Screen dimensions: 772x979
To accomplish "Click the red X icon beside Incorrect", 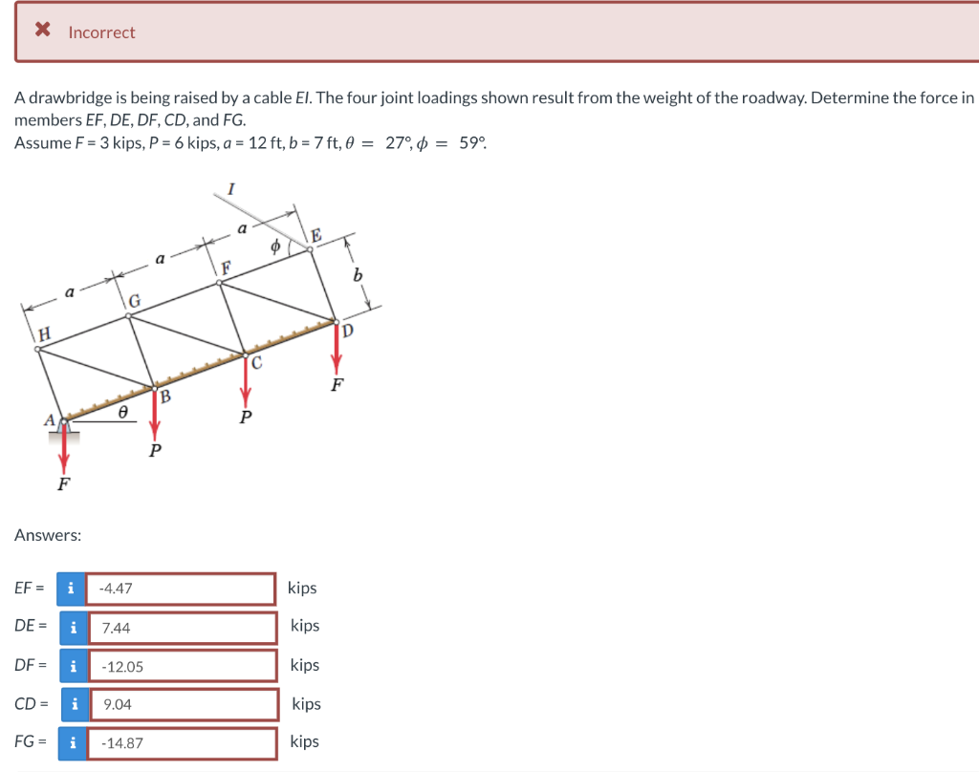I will click(42, 31).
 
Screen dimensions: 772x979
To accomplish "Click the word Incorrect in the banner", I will click(101, 32).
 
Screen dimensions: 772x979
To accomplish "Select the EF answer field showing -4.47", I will click(182, 589).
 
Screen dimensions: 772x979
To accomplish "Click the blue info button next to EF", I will click(70, 589).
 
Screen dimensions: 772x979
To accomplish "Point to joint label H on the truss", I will click(44, 332).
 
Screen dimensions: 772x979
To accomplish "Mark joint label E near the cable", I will click(316, 237).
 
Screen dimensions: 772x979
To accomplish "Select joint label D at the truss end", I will click(348, 332).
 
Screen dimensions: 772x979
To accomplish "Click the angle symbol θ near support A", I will click(122, 414).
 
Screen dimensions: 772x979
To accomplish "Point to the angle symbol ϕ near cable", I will click(275, 245).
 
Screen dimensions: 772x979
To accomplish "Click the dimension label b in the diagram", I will click(359, 275).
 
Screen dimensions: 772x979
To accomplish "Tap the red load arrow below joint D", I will click(336, 349).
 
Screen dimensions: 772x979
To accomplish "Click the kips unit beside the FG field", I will click(303, 741).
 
